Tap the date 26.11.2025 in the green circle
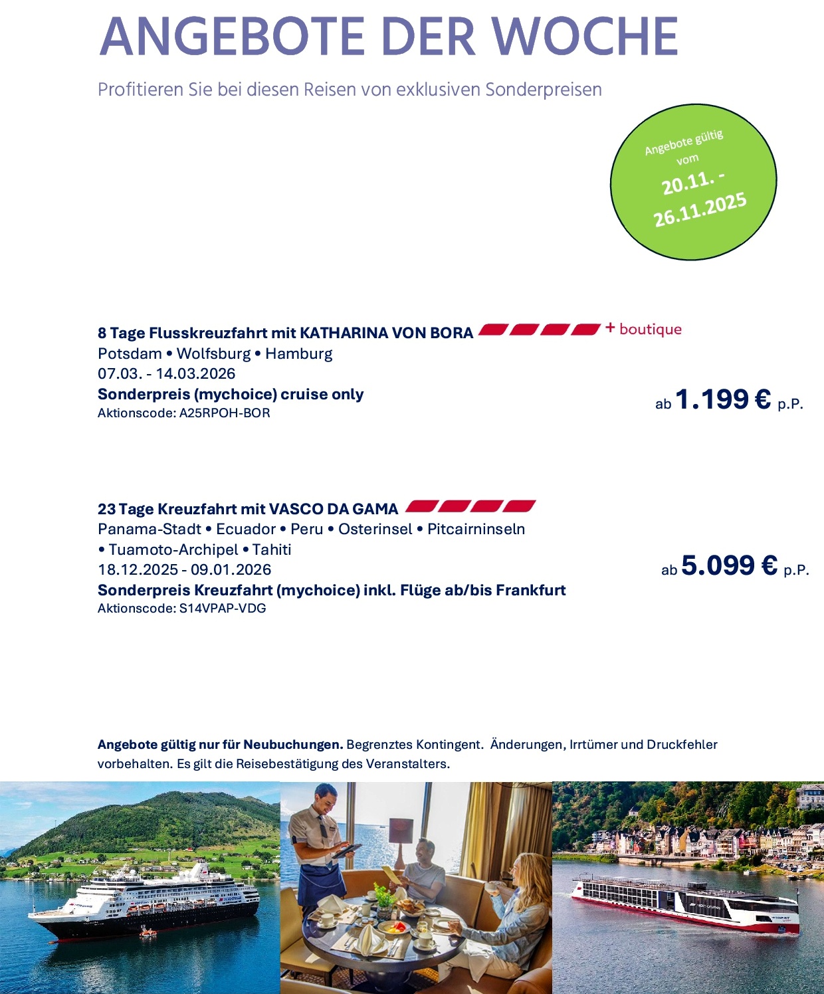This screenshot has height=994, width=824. click(700, 210)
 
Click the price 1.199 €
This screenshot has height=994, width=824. click(723, 399)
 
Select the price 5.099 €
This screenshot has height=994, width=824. click(729, 565)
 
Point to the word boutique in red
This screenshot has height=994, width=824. click(650, 330)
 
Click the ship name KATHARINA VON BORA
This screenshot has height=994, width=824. click(386, 333)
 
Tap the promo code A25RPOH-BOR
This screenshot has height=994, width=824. click(225, 413)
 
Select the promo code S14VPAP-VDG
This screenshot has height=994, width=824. click(223, 609)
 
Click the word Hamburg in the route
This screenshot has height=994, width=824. click(298, 353)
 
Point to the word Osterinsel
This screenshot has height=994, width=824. click(375, 530)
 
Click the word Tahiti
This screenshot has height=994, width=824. click(272, 549)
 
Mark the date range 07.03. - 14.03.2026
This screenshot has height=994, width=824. click(166, 373)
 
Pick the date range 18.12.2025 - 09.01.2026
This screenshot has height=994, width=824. click(184, 569)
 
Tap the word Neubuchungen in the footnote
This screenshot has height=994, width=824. click(292, 745)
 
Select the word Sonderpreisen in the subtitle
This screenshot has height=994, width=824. click(543, 90)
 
